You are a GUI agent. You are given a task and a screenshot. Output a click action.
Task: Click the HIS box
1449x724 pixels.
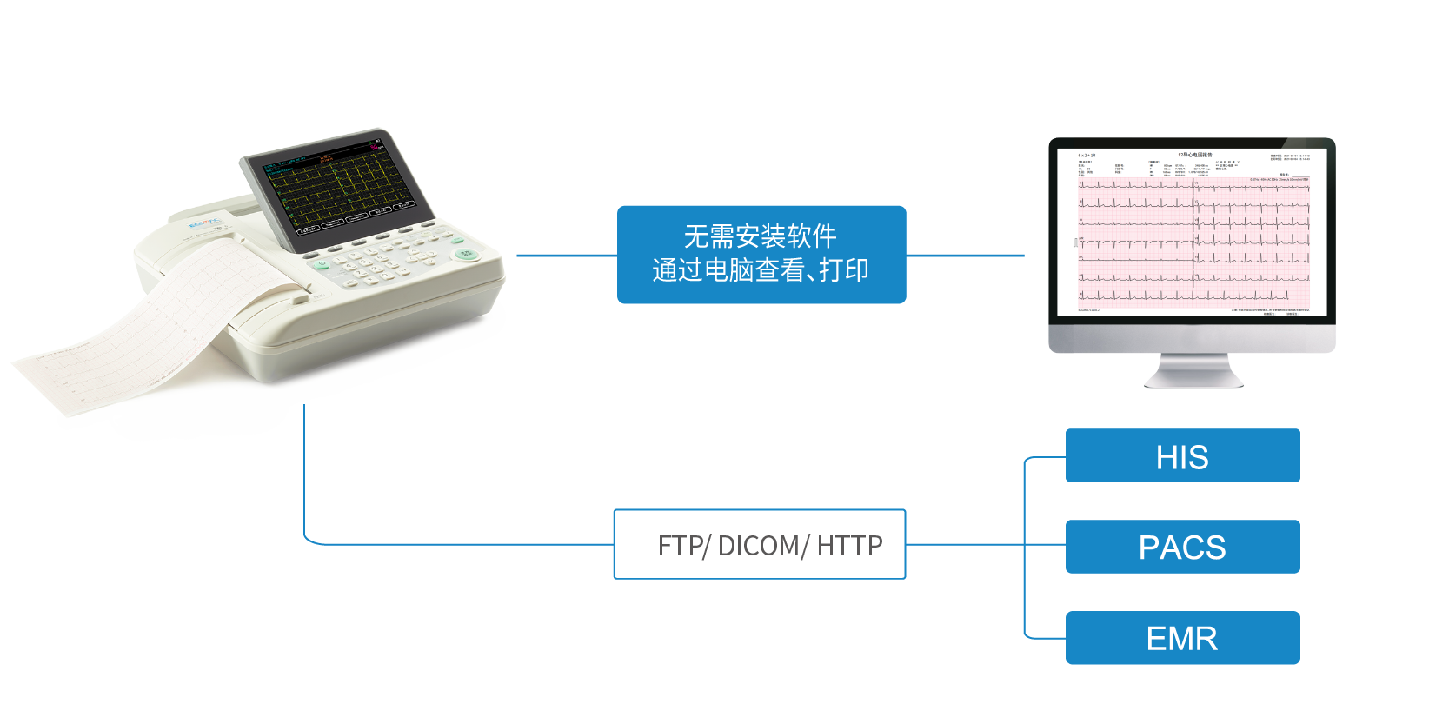point(1182,456)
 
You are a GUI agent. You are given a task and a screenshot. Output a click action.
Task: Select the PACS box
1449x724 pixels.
point(1182,548)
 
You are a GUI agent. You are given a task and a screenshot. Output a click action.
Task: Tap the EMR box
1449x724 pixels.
point(1182,639)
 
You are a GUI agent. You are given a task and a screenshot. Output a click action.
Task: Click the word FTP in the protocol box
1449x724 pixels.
point(681,546)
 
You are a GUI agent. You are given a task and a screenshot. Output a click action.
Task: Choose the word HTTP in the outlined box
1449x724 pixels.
point(849,546)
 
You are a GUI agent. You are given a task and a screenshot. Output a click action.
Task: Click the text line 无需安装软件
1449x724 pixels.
point(760,236)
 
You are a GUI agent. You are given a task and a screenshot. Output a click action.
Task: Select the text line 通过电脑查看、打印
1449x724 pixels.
point(760,271)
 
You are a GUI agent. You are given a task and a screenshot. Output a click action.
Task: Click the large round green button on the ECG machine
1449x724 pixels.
point(467,254)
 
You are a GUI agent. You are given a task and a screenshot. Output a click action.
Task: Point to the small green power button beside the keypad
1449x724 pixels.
point(321,263)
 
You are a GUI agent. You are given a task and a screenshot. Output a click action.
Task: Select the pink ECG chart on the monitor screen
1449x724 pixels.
point(1193,243)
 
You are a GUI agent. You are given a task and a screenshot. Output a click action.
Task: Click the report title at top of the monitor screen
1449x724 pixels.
point(1194,155)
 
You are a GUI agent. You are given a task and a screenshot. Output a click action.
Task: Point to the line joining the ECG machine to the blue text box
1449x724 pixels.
point(565,256)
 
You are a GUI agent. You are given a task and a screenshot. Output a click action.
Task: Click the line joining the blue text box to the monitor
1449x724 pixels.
point(965,256)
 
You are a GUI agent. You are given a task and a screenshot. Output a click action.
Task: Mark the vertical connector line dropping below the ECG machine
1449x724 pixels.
point(304,469)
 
